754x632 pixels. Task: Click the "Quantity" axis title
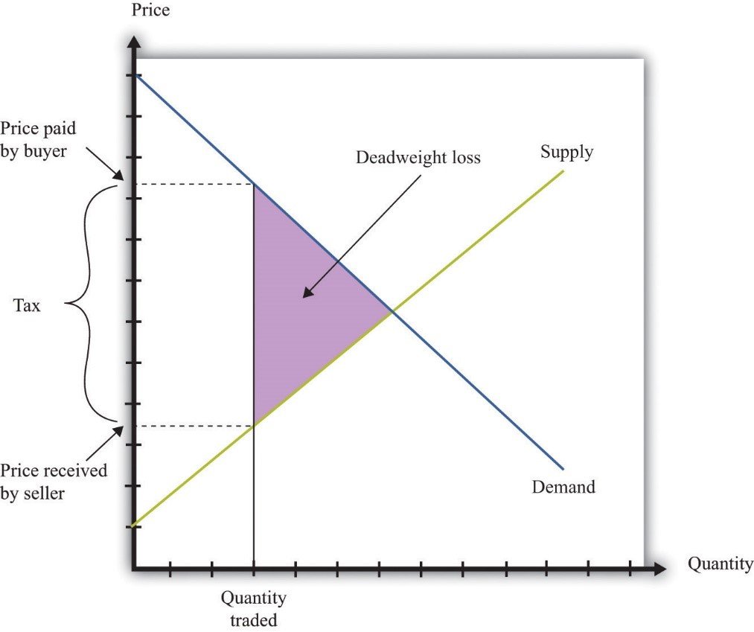(x=720, y=564)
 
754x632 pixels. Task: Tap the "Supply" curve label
(x=567, y=153)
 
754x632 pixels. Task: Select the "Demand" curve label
(x=563, y=488)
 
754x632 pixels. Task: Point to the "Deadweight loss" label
(x=418, y=158)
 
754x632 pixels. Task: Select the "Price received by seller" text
(x=54, y=481)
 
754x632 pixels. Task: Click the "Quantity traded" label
(x=254, y=608)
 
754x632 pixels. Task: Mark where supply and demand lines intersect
(x=392, y=313)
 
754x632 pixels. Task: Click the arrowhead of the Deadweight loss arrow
(x=305, y=295)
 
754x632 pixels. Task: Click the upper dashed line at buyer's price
(x=194, y=184)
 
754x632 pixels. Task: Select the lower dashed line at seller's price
(x=194, y=426)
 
